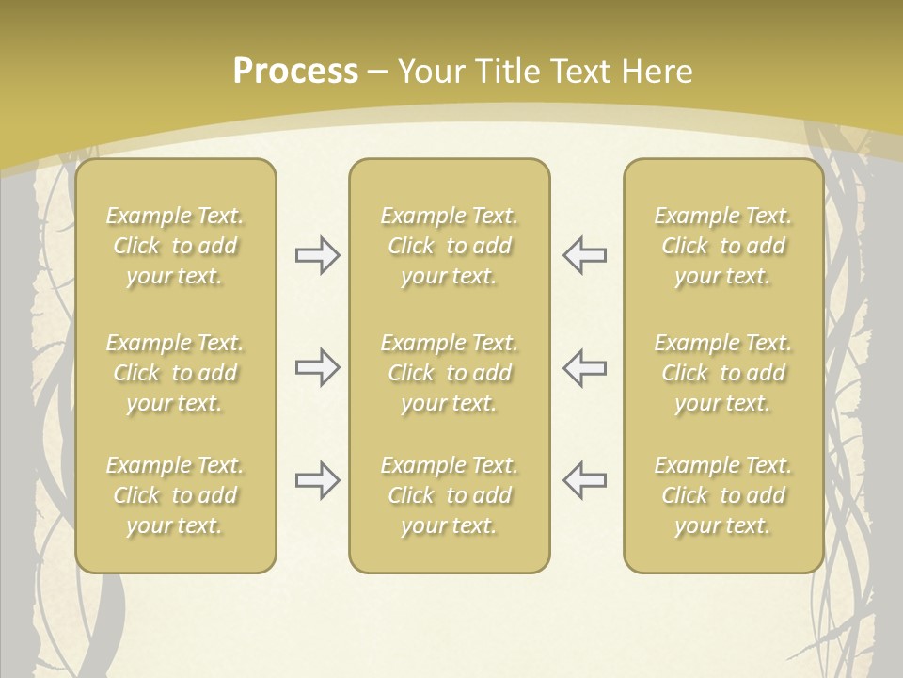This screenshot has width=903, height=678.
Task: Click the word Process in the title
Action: coord(295,72)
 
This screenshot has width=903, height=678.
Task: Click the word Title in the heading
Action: coord(508,72)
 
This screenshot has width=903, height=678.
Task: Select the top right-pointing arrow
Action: coord(317,255)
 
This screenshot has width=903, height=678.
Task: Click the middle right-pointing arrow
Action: coord(317,367)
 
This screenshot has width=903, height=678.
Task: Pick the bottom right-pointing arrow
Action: coord(317,480)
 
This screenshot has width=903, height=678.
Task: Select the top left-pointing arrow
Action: coord(584,255)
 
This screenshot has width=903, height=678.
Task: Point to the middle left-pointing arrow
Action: coord(584,367)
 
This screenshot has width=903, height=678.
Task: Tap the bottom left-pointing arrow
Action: coord(584,480)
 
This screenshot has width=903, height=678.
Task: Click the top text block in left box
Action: coord(175,246)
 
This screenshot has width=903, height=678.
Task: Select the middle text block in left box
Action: coord(175,373)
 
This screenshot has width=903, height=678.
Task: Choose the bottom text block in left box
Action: coord(175,495)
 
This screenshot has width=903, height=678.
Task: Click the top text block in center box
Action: coord(449,246)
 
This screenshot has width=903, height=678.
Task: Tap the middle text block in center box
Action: coord(449,373)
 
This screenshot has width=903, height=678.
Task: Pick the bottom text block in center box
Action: coord(449,495)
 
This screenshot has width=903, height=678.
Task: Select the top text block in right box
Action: coord(722,246)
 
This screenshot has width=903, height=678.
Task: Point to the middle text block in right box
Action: coord(722,373)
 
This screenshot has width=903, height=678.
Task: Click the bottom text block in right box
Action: coord(722,495)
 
